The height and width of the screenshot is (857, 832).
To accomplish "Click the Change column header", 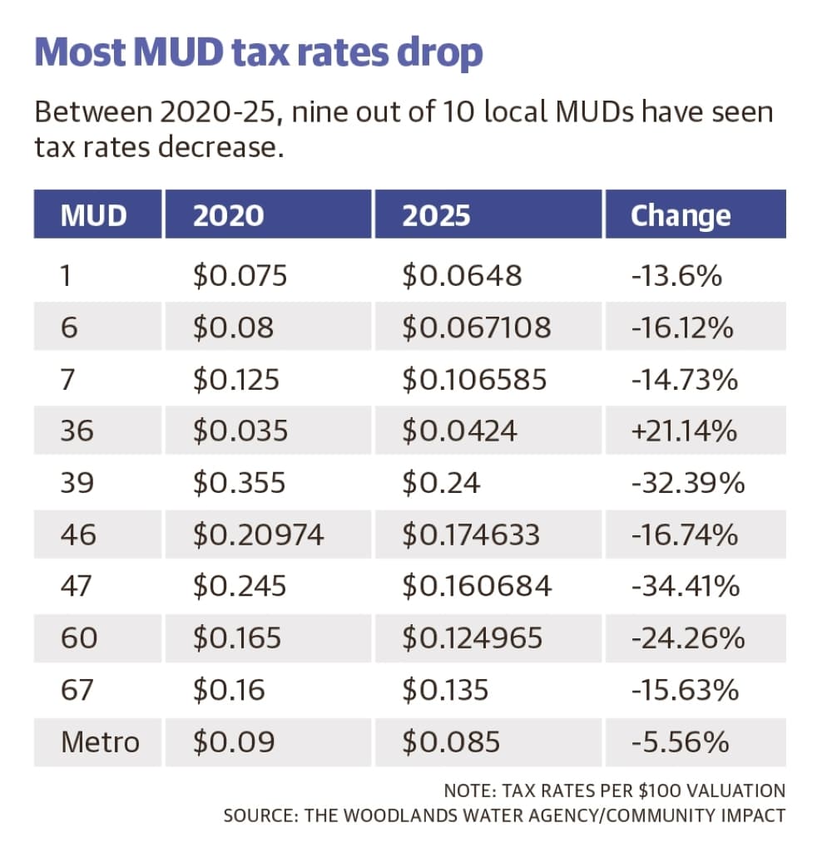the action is click(x=681, y=216).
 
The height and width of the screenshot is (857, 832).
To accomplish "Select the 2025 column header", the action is click(x=436, y=215).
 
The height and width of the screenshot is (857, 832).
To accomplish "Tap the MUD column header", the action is click(x=93, y=215).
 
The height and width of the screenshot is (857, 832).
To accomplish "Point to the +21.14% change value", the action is click(x=684, y=431).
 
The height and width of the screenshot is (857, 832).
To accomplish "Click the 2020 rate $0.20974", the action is click(x=258, y=534).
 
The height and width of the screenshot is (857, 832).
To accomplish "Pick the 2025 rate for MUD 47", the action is click(x=477, y=586).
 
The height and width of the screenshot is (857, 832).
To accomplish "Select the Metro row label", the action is click(x=100, y=742).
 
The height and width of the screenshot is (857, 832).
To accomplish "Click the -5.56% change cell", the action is click(x=680, y=742).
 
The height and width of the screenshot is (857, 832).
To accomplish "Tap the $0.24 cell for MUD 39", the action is click(x=441, y=483).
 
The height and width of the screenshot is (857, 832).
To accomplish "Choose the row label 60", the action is click(x=79, y=638).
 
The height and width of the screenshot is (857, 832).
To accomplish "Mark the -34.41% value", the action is click(x=686, y=586).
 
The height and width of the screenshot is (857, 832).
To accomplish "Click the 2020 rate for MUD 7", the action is click(x=235, y=379).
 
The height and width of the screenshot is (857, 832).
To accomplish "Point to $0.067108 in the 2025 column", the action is click(x=477, y=328).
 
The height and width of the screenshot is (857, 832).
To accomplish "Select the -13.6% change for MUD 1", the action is click(x=676, y=275).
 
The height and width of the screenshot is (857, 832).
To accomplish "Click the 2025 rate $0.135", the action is click(x=445, y=690).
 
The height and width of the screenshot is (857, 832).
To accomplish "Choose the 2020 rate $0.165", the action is click(x=237, y=638).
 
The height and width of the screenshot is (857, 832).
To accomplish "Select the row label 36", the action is click(x=77, y=431).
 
